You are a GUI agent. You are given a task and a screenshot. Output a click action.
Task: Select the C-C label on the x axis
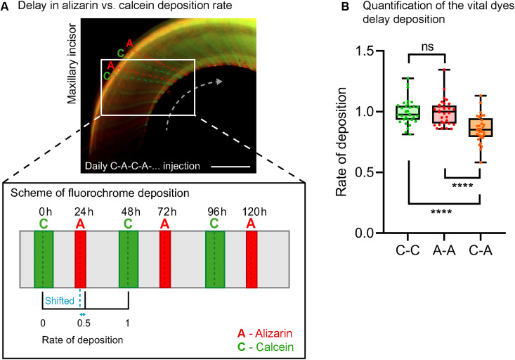coord(408,250)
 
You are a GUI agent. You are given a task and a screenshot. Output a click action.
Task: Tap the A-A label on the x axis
coord(444,250)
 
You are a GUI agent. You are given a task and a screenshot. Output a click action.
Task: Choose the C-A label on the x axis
coord(480,250)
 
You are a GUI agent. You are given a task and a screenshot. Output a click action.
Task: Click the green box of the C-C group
coord(408,112)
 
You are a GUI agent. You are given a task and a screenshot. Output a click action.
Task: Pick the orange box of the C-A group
coord(480,127)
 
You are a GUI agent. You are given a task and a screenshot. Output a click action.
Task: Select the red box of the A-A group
coord(444,113)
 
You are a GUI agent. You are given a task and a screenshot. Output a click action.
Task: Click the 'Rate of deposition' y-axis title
coord(344,142)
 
